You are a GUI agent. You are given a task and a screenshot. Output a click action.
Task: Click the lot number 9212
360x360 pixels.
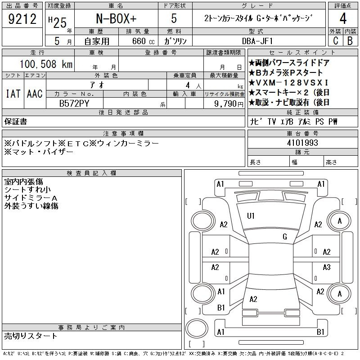[x=22, y=19]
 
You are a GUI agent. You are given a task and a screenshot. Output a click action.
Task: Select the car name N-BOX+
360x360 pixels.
[x=116, y=18]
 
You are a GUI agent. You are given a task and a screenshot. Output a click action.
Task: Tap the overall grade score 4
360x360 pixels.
[x=343, y=18]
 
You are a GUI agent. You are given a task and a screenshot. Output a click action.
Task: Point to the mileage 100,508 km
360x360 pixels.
[x=46, y=64]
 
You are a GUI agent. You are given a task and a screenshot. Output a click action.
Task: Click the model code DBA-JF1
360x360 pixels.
[x=257, y=41]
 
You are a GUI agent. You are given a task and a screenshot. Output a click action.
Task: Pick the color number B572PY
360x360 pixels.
[x=74, y=103]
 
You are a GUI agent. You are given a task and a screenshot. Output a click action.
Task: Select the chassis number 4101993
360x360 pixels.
[x=302, y=143]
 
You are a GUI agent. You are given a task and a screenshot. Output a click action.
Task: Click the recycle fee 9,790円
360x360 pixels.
[x=229, y=104]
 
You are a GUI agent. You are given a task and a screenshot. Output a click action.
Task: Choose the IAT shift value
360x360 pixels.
[x=13, y=94]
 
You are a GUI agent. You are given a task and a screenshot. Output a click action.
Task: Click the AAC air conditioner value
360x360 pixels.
[x=35, y=94]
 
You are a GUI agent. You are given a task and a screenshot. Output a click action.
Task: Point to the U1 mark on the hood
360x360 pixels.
[x=251, y=216]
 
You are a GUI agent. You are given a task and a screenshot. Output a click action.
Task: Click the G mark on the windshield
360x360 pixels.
[x=285, y=237]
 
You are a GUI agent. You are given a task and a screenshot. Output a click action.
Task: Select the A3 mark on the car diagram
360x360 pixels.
[x=327, y=267]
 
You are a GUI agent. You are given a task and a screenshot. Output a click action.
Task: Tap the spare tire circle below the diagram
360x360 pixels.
[x=197, y=328]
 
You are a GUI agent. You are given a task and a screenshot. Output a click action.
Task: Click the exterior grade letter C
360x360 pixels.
[x=336, y=41]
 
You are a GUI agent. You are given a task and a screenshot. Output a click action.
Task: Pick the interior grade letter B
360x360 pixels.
[x=350, y=41]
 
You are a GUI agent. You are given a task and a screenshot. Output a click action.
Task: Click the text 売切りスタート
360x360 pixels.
[x=31, y=336]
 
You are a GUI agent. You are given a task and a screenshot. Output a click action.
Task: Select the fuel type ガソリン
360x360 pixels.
[x=175, y=41]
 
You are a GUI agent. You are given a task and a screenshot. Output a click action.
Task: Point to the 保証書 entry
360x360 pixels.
[x=16, y=121]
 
